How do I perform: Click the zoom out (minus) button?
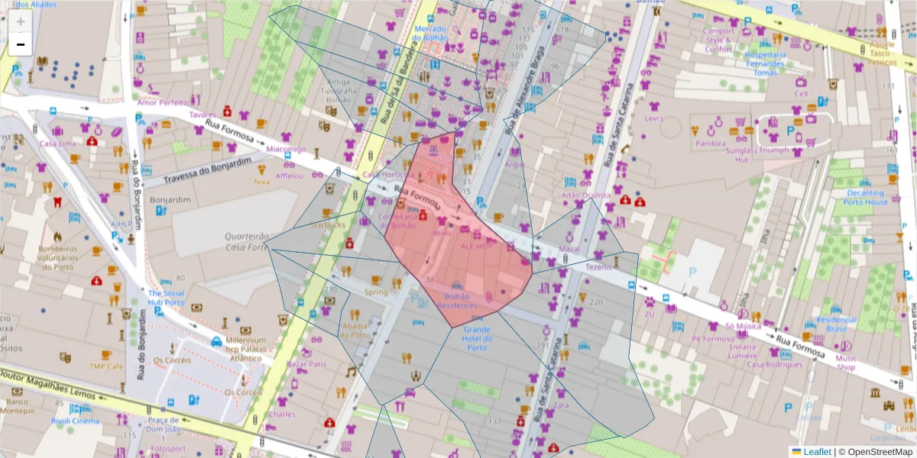21,45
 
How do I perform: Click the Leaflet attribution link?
816,452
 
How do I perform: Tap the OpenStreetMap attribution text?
876,452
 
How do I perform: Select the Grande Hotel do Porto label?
477,343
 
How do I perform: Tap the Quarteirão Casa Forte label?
247,242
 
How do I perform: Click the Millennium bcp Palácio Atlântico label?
241,349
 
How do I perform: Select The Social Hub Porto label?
166,298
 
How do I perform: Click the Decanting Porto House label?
867,198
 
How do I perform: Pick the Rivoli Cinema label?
75,421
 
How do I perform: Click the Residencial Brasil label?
837,324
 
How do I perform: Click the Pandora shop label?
711,143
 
